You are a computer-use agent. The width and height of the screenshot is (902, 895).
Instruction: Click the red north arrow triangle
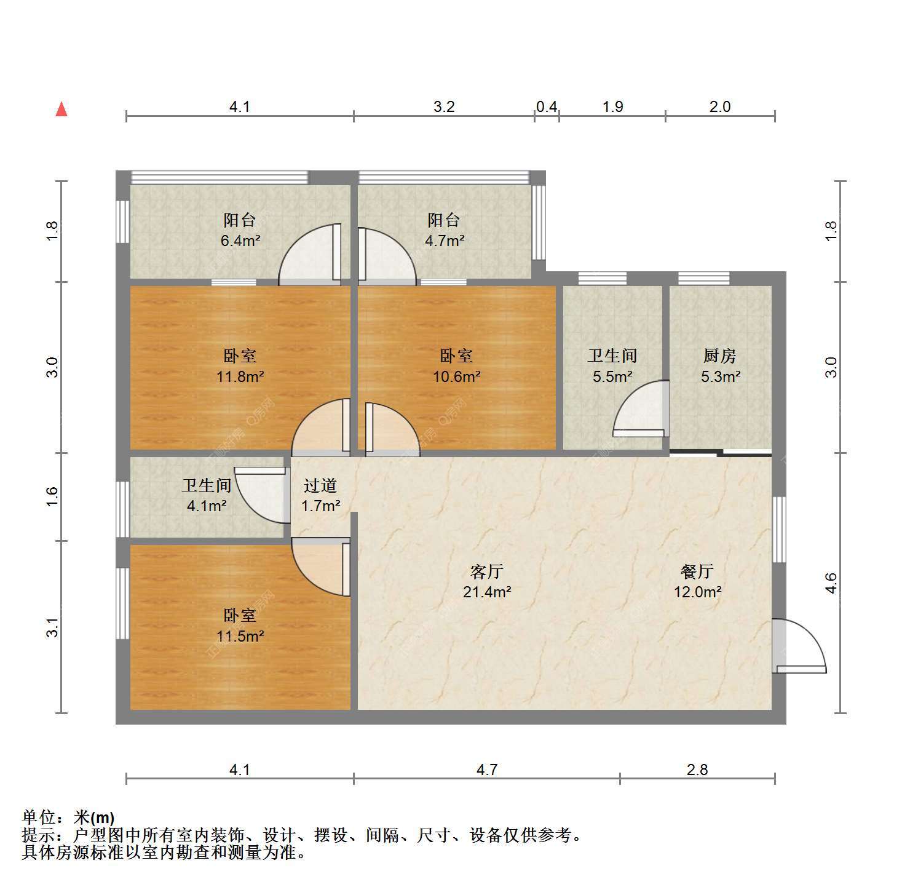pyautogui.click(x=61, y=109)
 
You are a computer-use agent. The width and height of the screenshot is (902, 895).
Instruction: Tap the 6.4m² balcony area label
pyautogui.click(x=240, y=241)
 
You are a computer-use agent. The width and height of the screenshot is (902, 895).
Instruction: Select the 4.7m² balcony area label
pyautogui.click(x=444, y=241)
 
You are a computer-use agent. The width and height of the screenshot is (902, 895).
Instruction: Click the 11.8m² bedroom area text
pyautogui.click(x=240, y=376)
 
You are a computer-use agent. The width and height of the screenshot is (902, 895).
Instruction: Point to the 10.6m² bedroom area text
pyautogui.click(x=456, y=376)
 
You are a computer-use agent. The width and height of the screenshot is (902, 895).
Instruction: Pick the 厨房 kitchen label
pyautogui.click(x=720, y=356)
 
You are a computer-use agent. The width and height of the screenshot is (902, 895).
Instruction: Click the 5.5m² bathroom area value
pyautogui.click(x=612, y=376)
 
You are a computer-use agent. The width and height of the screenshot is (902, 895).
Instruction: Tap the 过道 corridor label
pyautogui.click(x=320, y=486)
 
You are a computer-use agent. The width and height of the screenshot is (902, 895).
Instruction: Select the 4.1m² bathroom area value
pyautogui.click(x=207, y=506)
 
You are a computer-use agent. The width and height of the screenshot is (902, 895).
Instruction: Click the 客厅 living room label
pyautogui.click(x=487, y=571)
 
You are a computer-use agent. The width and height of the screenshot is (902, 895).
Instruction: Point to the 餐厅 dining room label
pyautogui.click(x=697, y=571)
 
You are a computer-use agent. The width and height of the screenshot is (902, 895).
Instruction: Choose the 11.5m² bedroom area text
pyautogui.click(x=240, y=636)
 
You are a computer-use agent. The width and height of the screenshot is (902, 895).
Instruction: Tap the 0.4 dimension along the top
pyautogui.click(x=546, y=107)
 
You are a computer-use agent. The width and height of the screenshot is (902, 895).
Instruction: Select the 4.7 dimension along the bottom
pyautogui.click(x=487, y=770)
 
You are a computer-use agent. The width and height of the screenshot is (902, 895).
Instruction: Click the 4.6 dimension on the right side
pyautogui.click(x=831, y=583)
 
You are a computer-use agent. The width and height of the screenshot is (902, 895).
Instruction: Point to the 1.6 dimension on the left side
pyautogui.click(x=52, y=496)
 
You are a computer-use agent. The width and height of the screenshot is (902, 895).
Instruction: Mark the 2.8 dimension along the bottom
pyautogui.click(x=697, y=770)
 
